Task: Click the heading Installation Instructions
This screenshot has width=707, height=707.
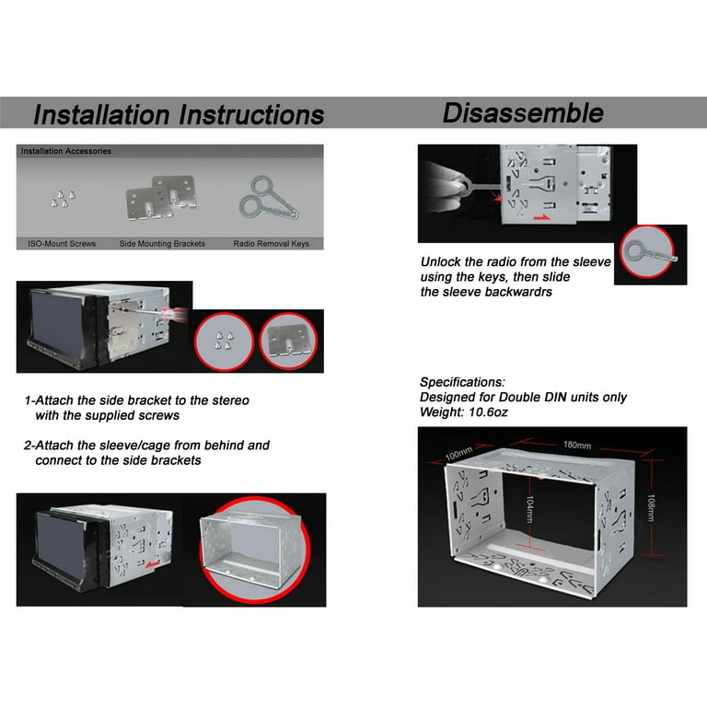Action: [179, 114]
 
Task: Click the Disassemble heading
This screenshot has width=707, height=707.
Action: [523, 112]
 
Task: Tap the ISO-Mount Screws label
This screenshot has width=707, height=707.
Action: [62, 243]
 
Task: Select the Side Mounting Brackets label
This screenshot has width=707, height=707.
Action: [162, 243]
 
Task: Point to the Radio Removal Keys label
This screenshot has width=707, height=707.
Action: [271, 243]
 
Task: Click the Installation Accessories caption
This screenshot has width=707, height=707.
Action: [66, 151]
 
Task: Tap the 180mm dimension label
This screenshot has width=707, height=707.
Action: [576, 445]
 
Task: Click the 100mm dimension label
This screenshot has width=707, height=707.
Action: [458, 453]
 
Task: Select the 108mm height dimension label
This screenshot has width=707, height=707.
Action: [651, 508]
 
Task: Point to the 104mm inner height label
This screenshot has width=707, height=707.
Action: [530, 509]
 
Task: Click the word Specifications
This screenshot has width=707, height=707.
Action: [462, 382]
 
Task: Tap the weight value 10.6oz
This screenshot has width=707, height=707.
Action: [488, 412]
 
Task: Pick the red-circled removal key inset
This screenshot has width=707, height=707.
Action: [647, 251]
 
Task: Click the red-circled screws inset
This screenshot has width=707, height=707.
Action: [224, 342]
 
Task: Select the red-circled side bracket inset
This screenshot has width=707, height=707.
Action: [288, 341]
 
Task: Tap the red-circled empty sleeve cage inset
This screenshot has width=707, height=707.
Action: [255, 551]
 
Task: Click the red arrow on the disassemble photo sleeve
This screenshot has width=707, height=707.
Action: [542, 218]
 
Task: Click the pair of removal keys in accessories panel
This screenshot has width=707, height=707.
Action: [268, 198]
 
